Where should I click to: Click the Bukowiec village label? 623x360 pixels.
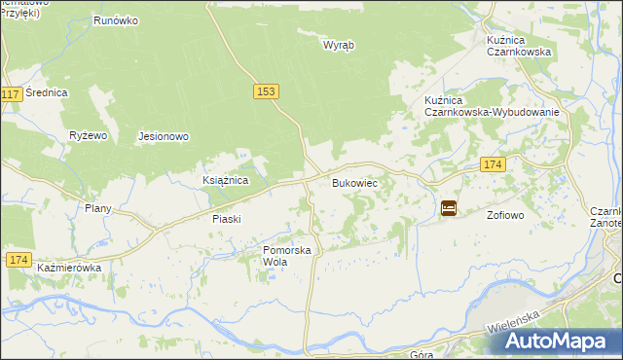[354, 183]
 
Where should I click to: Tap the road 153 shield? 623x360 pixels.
[269, 90]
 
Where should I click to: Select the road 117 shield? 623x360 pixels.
[12, 94]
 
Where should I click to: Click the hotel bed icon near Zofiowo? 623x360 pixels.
[448, 208]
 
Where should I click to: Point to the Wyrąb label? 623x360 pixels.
[339, 45]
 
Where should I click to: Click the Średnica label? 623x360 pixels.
[47, 93]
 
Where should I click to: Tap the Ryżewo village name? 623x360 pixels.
[87, 136]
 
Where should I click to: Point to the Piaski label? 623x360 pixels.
[226, 220]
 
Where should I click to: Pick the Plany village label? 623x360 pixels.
[98, 208]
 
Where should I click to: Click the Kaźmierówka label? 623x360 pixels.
[69, 267]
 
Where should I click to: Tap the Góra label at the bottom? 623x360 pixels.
[421, 355]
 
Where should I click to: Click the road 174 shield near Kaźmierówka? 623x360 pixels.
[18, 260]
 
